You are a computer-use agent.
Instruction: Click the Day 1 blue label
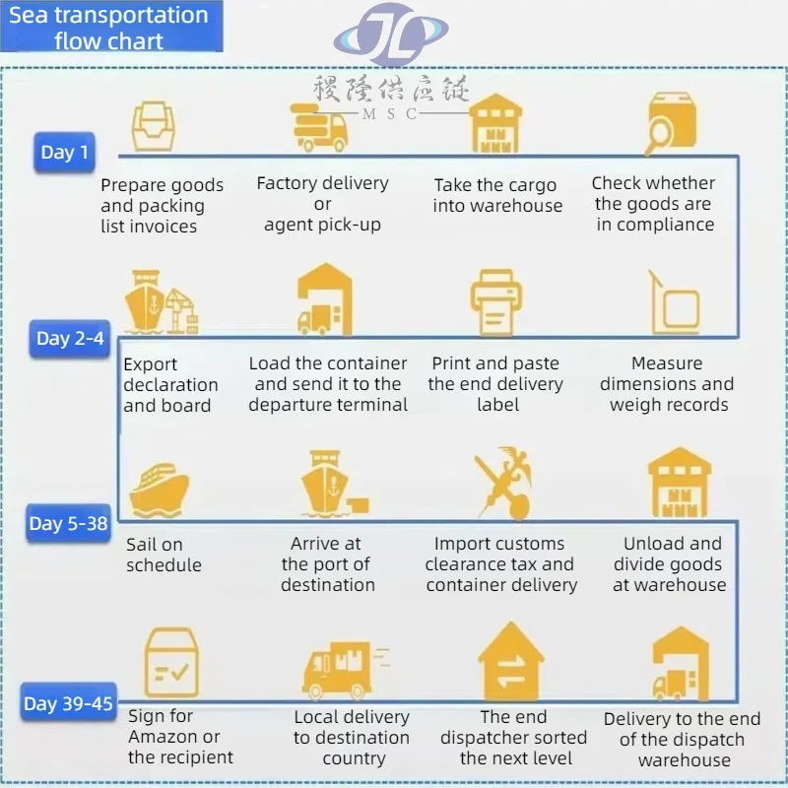64,152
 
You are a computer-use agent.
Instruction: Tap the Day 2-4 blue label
70,339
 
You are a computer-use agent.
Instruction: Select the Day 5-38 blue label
68,523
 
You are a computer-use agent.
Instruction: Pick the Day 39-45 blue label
68,703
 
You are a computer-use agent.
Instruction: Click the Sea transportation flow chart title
109,28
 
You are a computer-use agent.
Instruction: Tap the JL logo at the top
391,36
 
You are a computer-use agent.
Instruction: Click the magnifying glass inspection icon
671,124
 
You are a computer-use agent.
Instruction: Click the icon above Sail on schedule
158,487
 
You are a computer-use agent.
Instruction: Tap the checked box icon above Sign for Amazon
171,663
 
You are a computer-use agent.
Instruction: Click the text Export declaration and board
170,384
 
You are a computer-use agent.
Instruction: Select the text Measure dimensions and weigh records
667,384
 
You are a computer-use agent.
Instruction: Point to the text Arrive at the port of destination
327,563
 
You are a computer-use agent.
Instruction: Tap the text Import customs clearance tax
499,563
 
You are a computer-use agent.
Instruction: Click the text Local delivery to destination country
352,738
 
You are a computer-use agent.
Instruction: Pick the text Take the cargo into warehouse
496,195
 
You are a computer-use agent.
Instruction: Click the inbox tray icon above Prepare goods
154,125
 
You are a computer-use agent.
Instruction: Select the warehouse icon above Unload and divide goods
679,482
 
